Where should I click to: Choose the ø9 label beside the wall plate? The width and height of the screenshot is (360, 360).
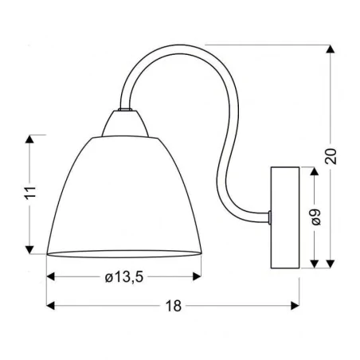pyautogui.click(x=316, y=216)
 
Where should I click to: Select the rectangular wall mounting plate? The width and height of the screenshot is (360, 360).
pyautogui.click(x=285, y=216)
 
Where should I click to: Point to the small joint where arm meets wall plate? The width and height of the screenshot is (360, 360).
pyautogui.click(x=271, y=215)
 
